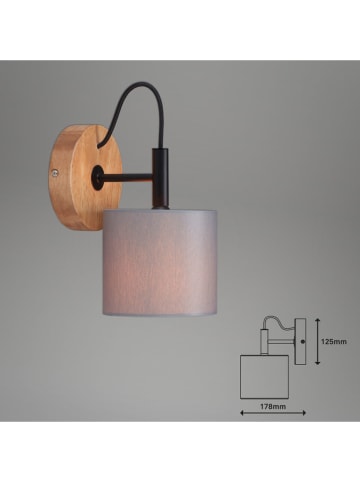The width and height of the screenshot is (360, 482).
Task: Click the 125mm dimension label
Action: click(x=334, y=342)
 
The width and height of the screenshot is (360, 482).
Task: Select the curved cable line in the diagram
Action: click(x=274, y=323)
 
